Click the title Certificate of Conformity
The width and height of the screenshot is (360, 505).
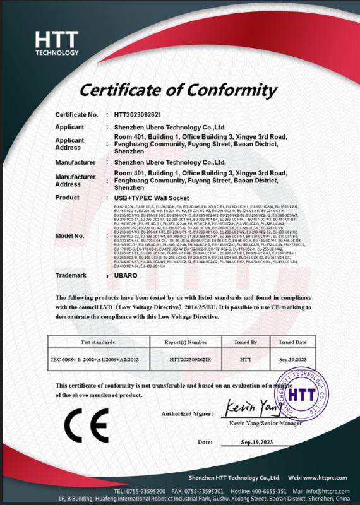(179, 90)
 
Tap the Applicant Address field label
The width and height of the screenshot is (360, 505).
(69, 144)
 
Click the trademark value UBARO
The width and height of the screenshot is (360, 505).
(126, 276)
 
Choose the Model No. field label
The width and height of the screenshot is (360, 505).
(69, 236)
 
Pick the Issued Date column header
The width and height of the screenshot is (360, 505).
(293, 342)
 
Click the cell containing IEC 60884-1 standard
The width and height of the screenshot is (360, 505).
(92, 359)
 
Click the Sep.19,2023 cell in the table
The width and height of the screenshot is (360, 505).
(293, 359)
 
